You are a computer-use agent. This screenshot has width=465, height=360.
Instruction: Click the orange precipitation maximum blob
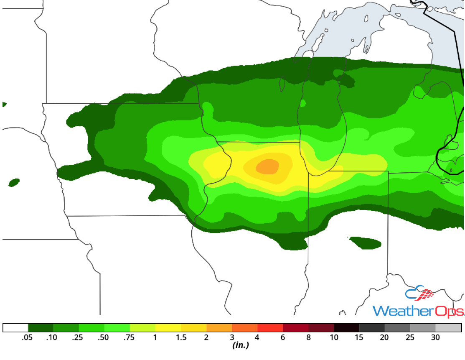[267, 167]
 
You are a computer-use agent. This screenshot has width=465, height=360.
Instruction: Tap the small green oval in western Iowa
[14, 182]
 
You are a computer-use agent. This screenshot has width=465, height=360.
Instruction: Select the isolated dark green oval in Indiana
[365, 243]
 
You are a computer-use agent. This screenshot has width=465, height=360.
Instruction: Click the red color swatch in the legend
[270, 327]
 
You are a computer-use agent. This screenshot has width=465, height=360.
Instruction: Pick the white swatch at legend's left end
[15, 327]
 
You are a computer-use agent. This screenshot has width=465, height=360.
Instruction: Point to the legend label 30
[435, 337]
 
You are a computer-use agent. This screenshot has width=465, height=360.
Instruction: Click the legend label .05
[28, 337]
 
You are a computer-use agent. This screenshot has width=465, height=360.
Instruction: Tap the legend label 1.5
[180, 337]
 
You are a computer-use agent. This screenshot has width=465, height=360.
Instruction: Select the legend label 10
[334, 337]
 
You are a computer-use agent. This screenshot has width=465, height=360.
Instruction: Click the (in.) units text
[240, 345]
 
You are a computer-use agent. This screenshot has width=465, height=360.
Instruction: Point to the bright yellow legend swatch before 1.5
[168, 327]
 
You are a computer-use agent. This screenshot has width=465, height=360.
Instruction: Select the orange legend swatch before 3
[219, 327]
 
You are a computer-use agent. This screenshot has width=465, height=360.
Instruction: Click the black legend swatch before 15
[347, 327]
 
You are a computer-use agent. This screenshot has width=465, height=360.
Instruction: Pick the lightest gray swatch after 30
[448, 327]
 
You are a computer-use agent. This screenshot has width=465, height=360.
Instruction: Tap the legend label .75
[130, 337]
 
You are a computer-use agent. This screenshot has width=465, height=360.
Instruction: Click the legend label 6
[283, 337]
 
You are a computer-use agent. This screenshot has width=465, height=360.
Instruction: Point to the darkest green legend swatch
[41, 327]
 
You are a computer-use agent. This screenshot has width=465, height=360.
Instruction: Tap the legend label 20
[384, 337]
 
